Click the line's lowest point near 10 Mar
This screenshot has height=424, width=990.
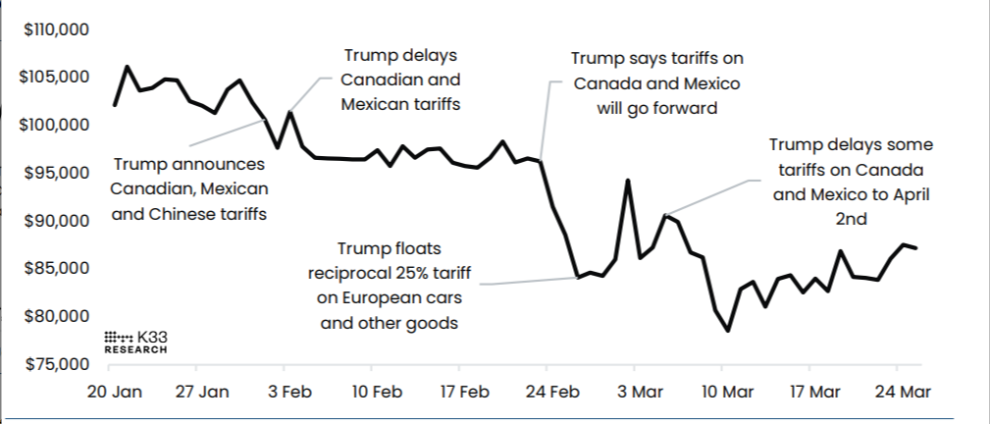click(728, 331)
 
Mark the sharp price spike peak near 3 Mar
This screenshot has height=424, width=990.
click(628, 181)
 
